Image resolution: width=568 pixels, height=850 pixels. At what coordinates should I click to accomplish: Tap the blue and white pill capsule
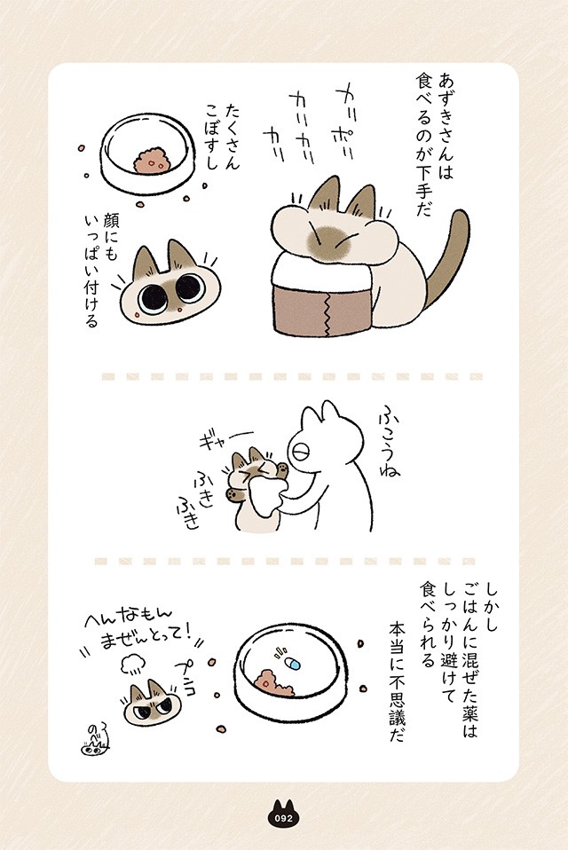tap(292, 663)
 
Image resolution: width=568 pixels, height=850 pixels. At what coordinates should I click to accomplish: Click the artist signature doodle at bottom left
tap(92, 742)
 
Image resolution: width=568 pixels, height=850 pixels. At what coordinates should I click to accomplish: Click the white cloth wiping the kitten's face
tap(268, 497)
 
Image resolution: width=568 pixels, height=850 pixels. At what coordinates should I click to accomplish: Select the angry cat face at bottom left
tap(150, 704)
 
